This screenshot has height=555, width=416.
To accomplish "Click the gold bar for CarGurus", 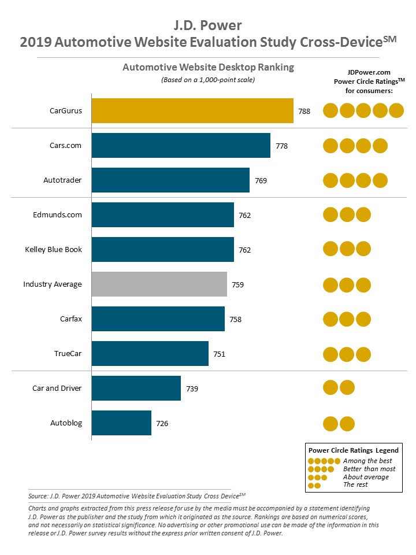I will point(192,111).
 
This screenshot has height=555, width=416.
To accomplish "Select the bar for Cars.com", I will point(181,146).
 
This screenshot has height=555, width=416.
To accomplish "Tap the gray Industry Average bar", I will point(159,284).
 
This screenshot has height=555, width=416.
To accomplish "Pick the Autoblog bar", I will point(121,423).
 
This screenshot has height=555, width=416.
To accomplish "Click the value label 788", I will point(304,112).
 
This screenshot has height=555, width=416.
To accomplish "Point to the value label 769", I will point(261,180).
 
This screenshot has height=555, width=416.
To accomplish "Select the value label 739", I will point(192,389).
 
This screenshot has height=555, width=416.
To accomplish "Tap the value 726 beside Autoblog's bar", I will point(162,424).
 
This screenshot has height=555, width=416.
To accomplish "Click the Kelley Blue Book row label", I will point(53,250).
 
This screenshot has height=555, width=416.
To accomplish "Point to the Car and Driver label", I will point(57,388).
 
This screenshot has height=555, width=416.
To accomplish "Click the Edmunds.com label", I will point(57,215).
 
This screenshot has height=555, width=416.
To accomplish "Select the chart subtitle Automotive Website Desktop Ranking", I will point(208,68).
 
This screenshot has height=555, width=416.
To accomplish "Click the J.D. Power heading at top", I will point(208,25).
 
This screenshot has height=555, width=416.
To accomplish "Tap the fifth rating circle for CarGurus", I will point(396,110).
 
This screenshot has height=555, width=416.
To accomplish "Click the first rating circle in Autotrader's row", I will point(330,180).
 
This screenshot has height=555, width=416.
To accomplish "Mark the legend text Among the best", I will point(367,461).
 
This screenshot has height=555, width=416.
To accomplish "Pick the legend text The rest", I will point(355,485).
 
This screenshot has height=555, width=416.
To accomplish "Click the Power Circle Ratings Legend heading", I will point(354,450).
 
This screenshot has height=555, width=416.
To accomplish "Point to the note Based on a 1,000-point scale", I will point(208,80).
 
